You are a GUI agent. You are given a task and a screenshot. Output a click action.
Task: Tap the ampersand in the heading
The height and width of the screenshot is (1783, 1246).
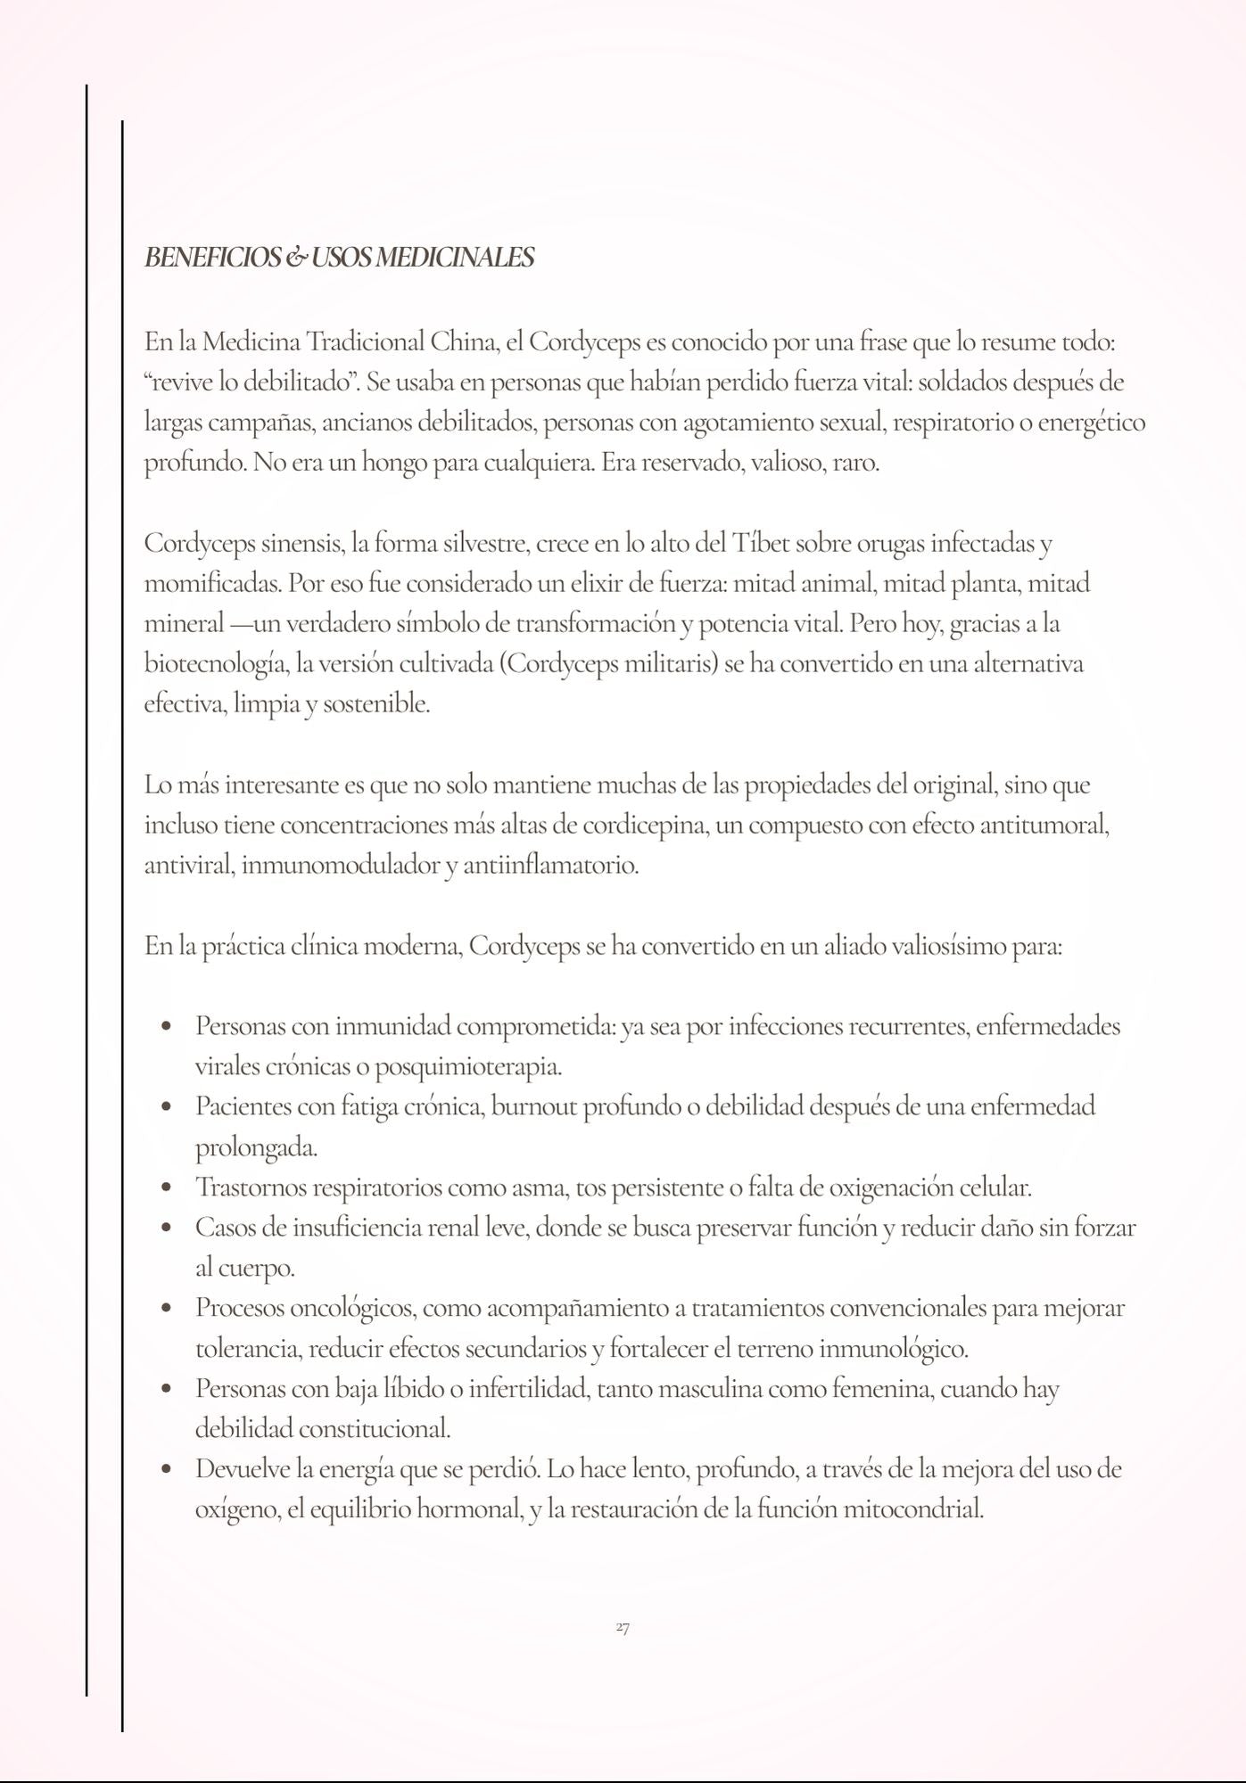click(x=296, y=258)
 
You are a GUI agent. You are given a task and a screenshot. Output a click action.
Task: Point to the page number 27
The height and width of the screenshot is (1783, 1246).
click(x=623, y=1628)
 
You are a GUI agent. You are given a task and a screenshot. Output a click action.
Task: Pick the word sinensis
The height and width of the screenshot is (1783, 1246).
click(x=302, y=543)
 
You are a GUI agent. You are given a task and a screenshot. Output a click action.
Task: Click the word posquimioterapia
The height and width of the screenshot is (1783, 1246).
click(x=467, y=1066)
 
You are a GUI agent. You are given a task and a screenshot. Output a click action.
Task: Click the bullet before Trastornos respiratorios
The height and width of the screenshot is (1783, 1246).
click(x=166, y=1188)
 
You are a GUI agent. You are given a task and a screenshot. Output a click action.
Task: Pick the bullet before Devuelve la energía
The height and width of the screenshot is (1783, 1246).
click(x=166, y=1470)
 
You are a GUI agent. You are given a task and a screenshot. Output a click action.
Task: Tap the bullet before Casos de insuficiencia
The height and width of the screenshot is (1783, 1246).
click(x=166, y=1228)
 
